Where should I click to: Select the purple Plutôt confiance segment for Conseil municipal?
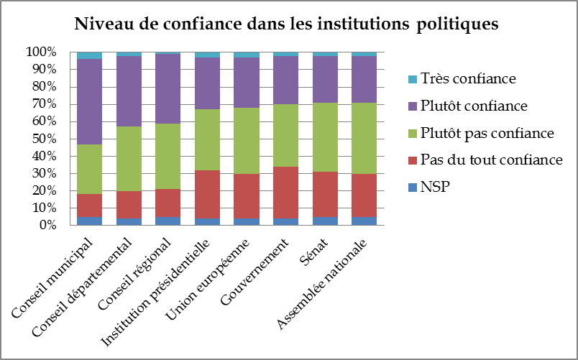[89, 101]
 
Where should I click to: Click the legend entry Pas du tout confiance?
[490, 160]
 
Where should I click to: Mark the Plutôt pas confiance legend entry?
[487, 133]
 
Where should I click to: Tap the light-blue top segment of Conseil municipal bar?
[89, 55]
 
